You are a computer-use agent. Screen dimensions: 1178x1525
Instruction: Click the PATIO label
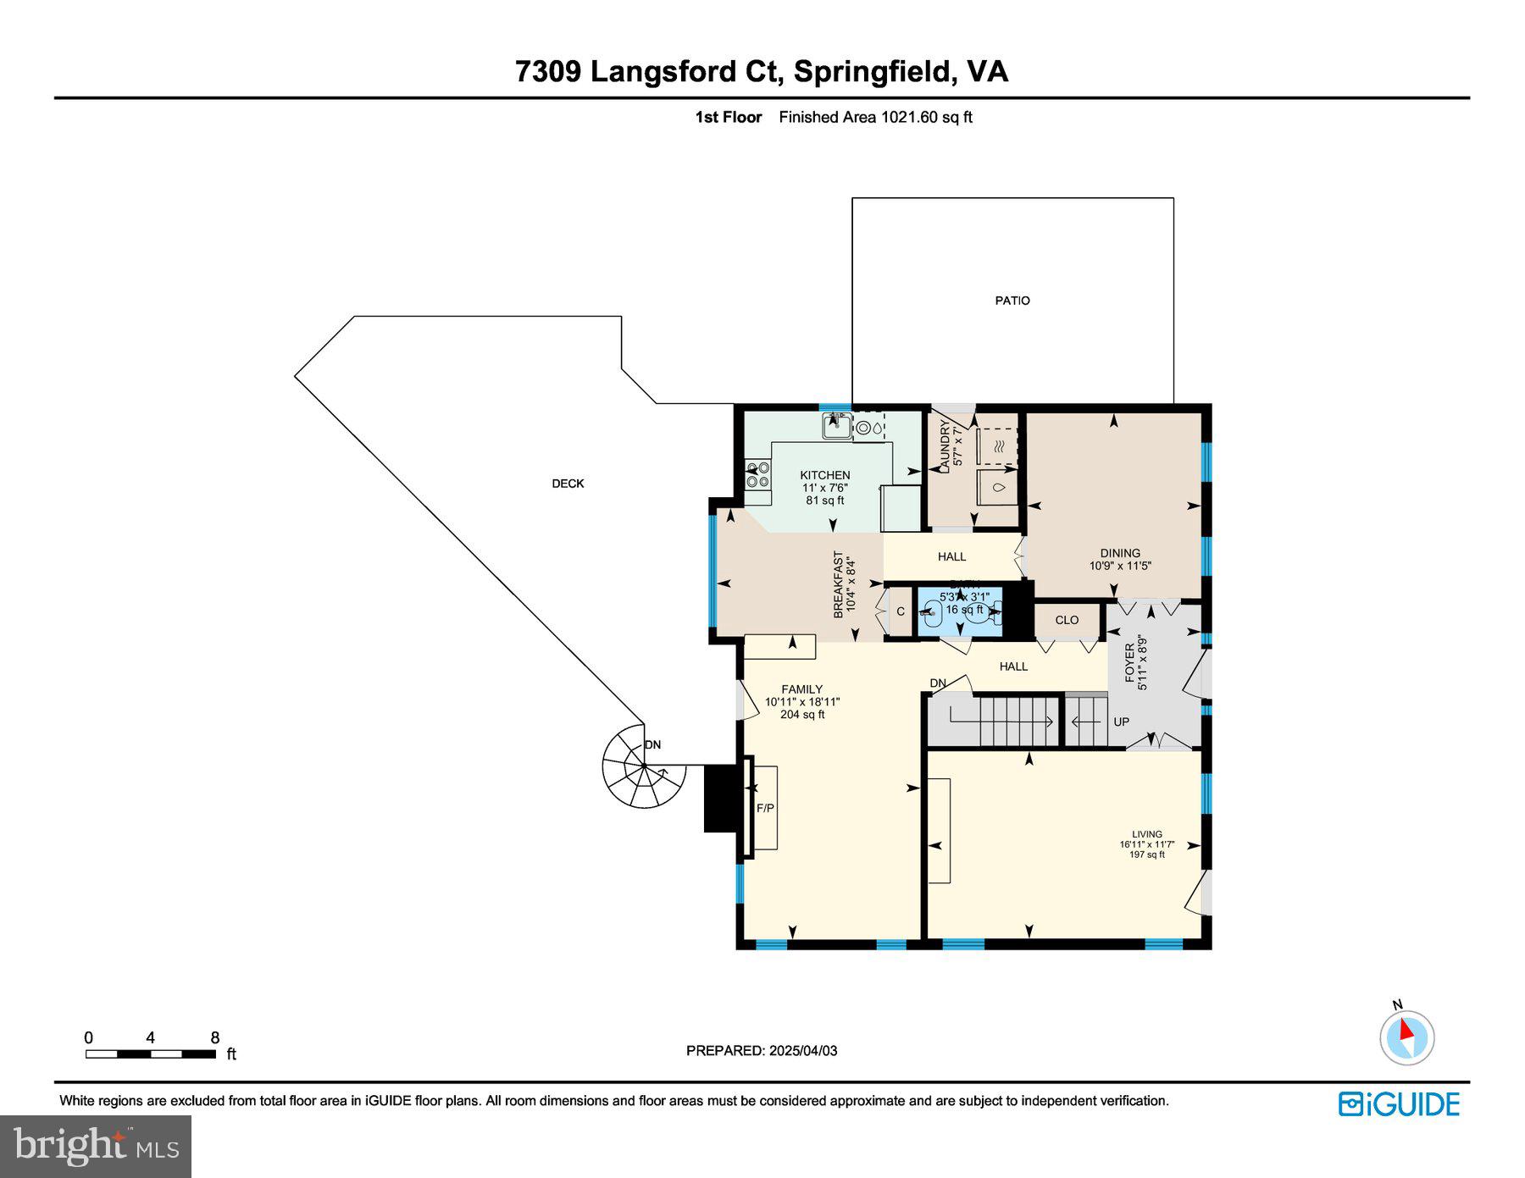[x=1012, y=301]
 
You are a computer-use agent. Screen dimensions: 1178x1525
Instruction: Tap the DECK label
[x=568, y=484]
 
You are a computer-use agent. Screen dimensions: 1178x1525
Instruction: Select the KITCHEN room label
[x=824, y=475]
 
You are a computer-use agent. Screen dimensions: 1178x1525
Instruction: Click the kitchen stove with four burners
[x=757, y=474]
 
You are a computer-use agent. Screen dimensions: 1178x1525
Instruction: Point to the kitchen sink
[x=837, y=425]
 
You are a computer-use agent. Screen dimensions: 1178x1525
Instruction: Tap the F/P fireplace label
[x=764, y=808]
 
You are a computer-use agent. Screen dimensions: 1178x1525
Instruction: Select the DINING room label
[x=1120, y=553]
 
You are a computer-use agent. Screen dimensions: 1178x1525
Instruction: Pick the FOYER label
[x=1129, y=661]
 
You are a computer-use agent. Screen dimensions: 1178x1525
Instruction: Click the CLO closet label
[x=1067, y=620]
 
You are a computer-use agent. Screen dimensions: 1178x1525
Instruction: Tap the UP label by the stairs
[x=1121, y=722]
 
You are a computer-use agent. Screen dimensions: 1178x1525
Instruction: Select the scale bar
[x=151, y=1054]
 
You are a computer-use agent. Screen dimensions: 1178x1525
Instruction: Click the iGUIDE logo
[x=1399, y=1104]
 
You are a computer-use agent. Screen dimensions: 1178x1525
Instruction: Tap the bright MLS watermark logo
[x=96, y=1147]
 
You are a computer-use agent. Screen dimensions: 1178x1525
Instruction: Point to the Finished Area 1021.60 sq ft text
[x=875, y=118]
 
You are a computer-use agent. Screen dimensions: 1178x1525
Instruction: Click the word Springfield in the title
[x=872, y=71]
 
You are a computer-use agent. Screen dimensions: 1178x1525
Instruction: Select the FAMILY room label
[x=801, y=689]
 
